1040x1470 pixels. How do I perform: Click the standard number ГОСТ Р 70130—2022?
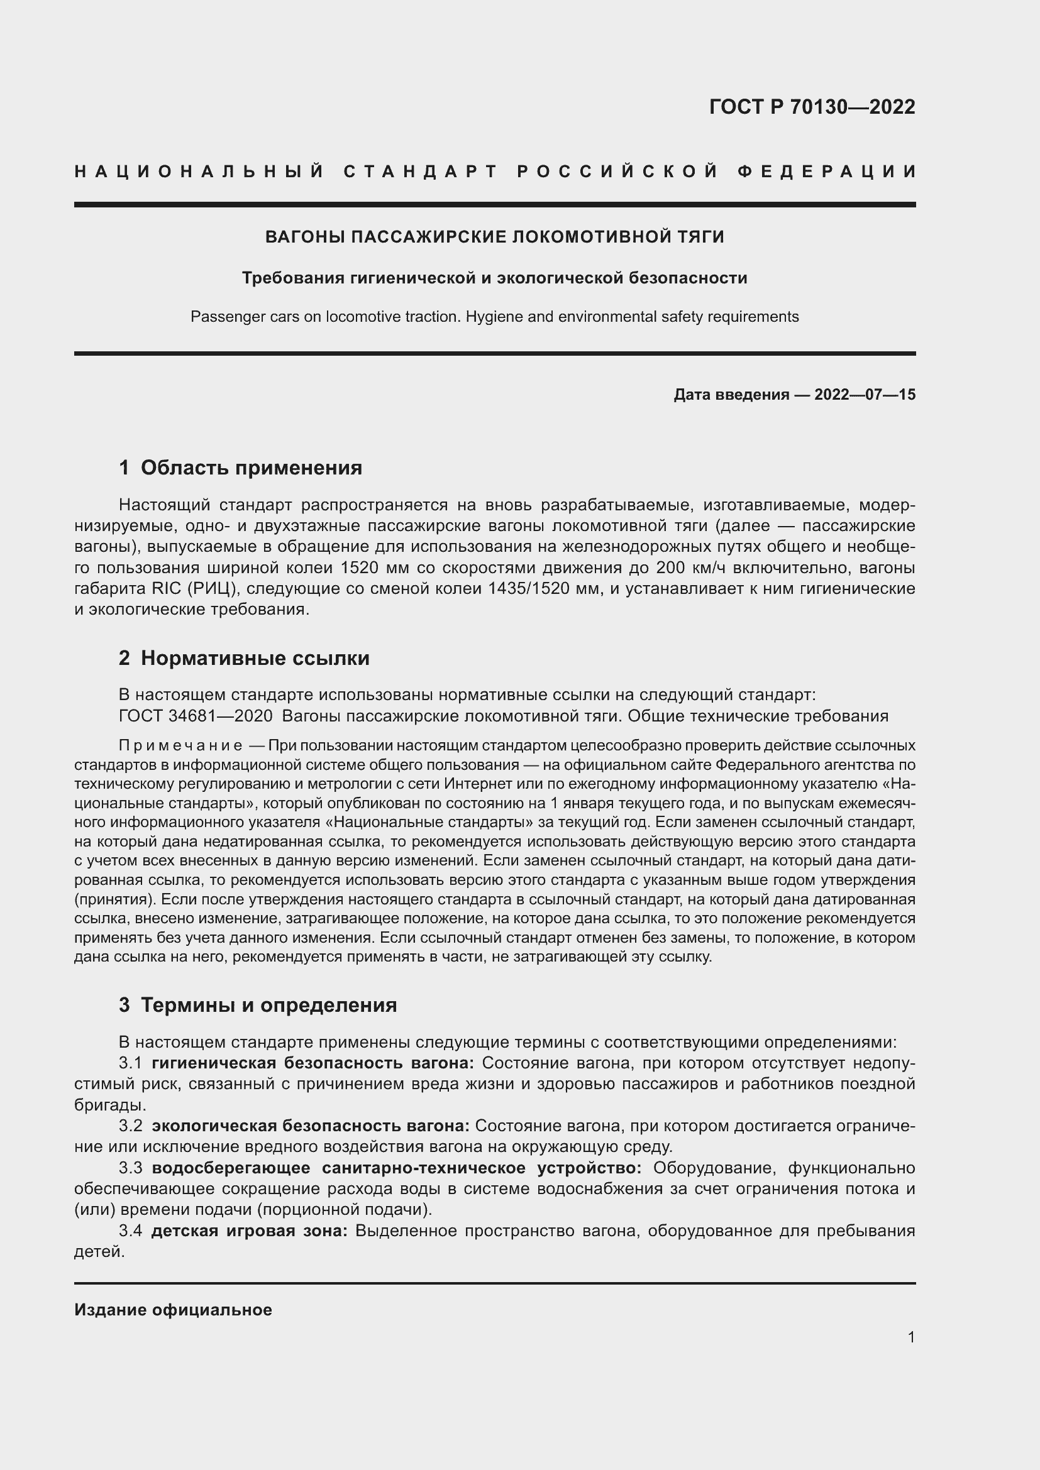pos(811,107)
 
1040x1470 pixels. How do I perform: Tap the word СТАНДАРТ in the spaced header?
pos(421,172)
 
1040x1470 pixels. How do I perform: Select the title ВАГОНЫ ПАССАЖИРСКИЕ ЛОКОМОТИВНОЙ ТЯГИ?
pos(494,237)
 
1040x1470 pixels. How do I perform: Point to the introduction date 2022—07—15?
pos(865,395)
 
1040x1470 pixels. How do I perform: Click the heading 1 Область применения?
pos(241,468)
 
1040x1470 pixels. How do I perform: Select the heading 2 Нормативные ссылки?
pos(244,658)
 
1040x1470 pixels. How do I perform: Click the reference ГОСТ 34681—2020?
pos(196,716)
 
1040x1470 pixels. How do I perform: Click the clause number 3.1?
pos(131,1063)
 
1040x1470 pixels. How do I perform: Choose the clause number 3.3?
pos(131,1168)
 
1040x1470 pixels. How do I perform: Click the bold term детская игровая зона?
pos(249,1231)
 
